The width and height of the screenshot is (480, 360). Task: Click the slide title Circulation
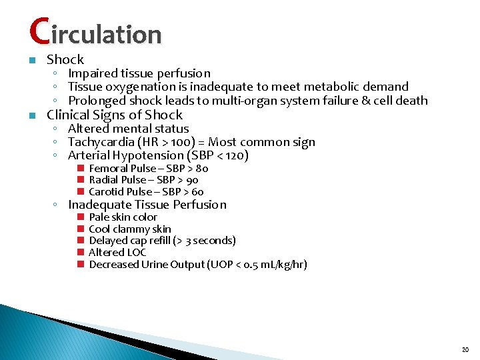[x=95, y=32]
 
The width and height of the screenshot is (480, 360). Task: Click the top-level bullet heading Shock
[x=65, y=59]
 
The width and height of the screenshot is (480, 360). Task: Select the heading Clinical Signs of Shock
[x=114, y=115]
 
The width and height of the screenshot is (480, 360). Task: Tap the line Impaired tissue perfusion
[x=139, y=73]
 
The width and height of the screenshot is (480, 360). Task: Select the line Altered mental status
[x=129, y=129]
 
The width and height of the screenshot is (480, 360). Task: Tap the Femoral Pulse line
[x=149, y=169]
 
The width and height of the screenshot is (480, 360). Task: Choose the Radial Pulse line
[x=143, y=180]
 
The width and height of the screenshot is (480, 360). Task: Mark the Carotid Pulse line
[x=146, y=192]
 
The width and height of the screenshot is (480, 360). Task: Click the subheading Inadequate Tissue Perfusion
[x=147, y=205]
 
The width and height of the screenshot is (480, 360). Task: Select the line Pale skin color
[x=123, y=217]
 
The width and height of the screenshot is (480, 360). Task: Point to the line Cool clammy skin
[x=130, y=229]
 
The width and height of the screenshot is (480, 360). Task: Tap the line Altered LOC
[x=117, y=253]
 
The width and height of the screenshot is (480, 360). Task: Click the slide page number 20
[x=465, y=349]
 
